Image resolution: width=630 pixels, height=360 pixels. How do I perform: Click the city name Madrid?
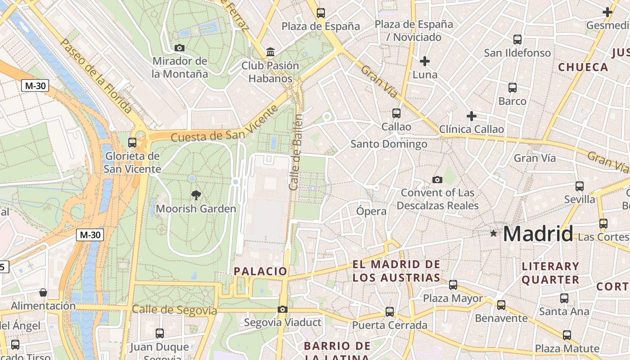pos(538,234)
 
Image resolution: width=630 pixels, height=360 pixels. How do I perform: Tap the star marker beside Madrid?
pos(494,233)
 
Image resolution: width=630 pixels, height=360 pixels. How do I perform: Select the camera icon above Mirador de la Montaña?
pos(179,48)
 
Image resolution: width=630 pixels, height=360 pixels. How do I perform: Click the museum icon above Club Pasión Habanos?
pos(270,52)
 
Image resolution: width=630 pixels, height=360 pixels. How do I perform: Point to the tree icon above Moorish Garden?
pos(196,195)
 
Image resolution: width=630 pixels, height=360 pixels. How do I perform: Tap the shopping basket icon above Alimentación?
pos(43,292)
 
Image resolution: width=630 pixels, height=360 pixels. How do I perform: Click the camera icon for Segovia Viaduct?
pos(282,309)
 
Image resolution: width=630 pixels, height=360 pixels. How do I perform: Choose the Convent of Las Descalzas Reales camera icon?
pos(437,180)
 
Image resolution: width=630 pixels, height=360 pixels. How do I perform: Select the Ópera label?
pos(371,211)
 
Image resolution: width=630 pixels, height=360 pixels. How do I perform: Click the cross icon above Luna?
pos(424,61)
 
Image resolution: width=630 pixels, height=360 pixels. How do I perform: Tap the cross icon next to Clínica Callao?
pos(471,116)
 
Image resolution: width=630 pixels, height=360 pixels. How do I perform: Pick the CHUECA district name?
pos(583,67)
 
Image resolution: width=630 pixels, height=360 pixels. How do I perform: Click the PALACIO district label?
pos(261,271)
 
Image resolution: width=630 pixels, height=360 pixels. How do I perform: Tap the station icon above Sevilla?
pos(579,186)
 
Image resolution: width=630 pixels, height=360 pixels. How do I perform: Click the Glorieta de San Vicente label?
pos(132,162)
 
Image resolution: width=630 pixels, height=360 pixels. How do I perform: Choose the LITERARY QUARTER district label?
pos(550,273)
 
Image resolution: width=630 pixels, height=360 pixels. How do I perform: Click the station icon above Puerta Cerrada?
pos(389,311)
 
